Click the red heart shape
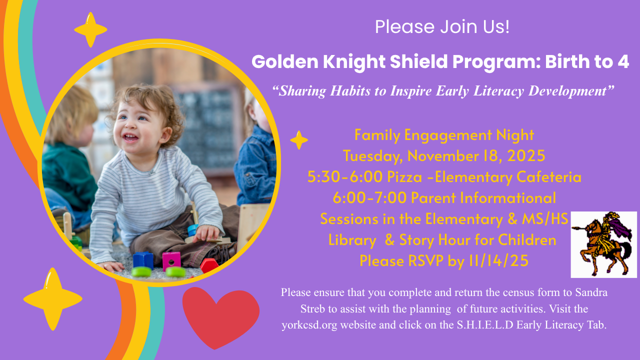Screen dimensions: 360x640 (x=220, y=315)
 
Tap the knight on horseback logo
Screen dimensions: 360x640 (x=603, y=244)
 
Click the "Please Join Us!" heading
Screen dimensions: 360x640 (x=442, y=26)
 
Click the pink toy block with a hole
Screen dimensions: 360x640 (x=171, y=260)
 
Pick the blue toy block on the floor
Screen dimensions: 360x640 (x=143, y=259)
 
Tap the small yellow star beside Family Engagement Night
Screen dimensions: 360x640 (x=299, y=140)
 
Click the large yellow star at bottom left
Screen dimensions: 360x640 (x=52, y=298)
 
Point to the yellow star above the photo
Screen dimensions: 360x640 (x=90, y=29)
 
